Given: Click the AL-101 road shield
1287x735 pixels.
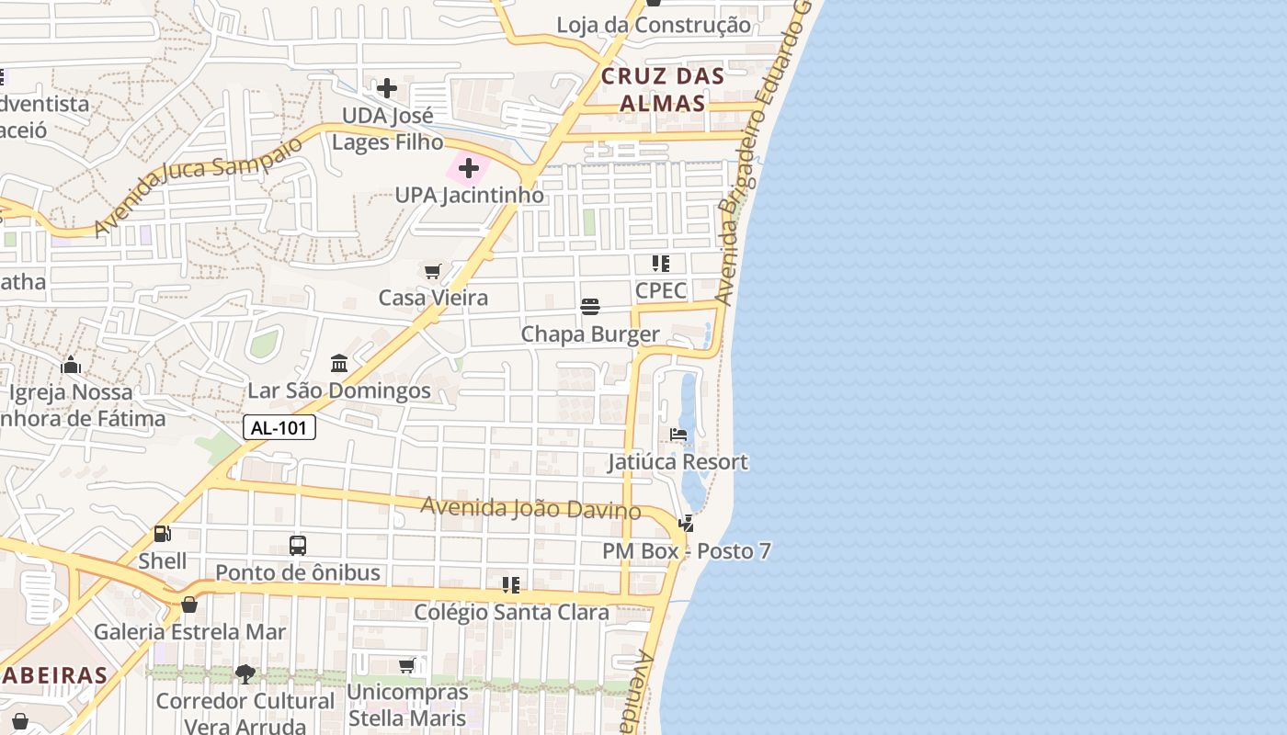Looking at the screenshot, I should (279, 427).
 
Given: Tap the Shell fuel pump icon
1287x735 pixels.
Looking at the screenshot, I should (163, 533).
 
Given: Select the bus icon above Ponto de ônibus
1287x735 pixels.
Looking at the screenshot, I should (298, 545).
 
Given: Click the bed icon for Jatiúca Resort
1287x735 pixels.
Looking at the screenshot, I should (678, 435).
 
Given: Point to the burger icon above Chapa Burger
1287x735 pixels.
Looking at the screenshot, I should (590, 306).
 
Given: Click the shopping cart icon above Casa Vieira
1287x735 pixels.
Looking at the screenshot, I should (433, 271).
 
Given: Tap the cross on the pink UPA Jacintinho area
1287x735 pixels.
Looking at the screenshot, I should (469, 168).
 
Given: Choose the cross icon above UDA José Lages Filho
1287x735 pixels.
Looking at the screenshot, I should (387, 88).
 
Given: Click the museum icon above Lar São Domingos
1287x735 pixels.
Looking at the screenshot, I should (339, 363).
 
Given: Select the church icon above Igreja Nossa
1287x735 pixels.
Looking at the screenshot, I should (71, 365).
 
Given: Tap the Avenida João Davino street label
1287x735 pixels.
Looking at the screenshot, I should (530, 507).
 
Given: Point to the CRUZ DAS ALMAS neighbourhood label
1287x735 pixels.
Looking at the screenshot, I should (662, 89).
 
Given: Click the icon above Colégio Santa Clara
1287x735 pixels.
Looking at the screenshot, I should (511, 584).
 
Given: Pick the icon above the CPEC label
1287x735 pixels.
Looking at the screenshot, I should (661, 264).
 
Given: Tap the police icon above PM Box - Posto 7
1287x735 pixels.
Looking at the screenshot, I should (686, 524).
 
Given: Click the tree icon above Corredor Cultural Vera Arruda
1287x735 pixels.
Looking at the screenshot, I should (245, 674).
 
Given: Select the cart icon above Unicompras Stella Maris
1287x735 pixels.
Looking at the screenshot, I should (407, 665).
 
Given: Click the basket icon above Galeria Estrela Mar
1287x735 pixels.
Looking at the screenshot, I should (189, 605).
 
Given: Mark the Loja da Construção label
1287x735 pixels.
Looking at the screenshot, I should (654, 25).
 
